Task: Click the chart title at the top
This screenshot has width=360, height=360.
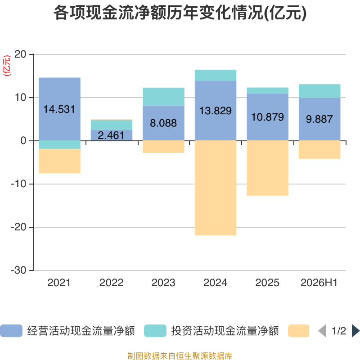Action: [x=180, y=13]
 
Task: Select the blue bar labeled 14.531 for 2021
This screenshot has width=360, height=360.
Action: [x=60, y=109]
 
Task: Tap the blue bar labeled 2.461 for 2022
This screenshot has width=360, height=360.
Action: [x=112, y=135]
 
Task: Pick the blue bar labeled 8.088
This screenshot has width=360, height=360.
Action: [x=163, y=123]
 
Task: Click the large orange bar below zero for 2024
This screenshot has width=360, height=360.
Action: [x=216, y=188]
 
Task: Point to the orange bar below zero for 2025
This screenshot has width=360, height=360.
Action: [x=267, y=168]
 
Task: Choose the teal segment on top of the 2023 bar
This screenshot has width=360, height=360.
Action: [x=163, y=97]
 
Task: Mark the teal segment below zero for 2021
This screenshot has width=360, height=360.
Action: [x=60, y=144]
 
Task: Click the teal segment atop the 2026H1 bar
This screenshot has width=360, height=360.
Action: [x=319, y=91]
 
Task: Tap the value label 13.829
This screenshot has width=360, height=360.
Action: [x=216, y=111]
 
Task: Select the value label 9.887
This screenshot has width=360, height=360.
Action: [x=319, y=119]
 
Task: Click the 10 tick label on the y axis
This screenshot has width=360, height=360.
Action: [x=20, y=98]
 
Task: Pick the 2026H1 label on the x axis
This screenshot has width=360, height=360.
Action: [x=319, y=283]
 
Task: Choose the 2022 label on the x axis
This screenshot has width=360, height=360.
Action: [x=111, y=283]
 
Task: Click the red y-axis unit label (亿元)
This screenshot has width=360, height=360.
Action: [x=7, y=66]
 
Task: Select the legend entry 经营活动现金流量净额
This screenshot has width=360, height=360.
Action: [x=67, y=331]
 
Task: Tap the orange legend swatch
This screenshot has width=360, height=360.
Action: [x=298, y=331]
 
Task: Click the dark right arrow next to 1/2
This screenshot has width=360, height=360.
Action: [x=355, y=331]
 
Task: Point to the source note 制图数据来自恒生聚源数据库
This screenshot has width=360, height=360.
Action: [x=180, y=355]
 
